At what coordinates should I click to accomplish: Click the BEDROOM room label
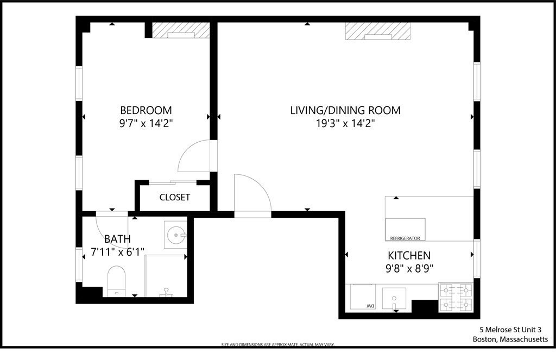click(146, 110)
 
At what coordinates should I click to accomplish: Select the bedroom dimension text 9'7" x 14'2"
click(146, 123)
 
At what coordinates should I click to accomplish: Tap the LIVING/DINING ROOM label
click(345, 110)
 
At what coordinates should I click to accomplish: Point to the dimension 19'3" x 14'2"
click(345, 123)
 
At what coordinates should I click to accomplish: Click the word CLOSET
click(174, 197)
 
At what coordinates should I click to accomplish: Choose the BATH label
click(117, 239)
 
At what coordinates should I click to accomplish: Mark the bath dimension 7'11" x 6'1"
click(117, 252)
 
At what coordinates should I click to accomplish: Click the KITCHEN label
click(409, 255)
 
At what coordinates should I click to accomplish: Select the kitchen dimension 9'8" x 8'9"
click(409, 268)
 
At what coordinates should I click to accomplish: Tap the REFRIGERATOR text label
click(405, 238)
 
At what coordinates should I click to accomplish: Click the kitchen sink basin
click(394, 298)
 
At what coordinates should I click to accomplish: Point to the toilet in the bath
click(117, 280)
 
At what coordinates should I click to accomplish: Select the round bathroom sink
click(176, 235)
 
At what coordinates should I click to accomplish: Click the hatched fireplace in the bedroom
click(180, 30)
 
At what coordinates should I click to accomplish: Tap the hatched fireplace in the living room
click(377, 31)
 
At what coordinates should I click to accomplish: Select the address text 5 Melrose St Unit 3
click(510, 330)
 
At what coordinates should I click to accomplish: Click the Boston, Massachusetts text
click(510, 339)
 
